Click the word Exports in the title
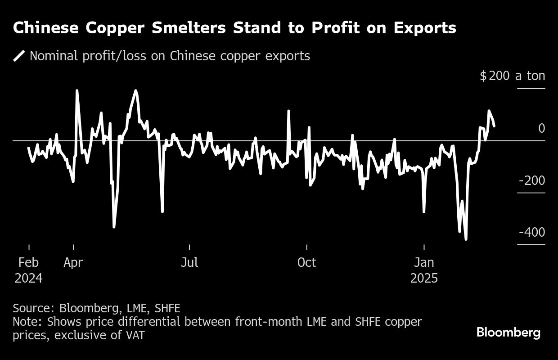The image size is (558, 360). (425, 28)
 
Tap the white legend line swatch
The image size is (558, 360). (19, 56)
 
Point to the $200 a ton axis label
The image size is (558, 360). (513, 76)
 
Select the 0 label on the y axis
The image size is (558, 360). (541, 128)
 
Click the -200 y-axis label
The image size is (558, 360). (532, 180)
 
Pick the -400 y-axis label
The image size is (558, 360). (532, 232)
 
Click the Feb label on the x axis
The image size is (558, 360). (29, 262)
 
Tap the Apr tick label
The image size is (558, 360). (73, 262)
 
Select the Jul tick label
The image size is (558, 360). (189, 262)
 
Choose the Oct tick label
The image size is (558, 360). (306, 262)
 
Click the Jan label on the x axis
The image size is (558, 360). (424, 262)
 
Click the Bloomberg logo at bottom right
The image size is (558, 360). (508, 333)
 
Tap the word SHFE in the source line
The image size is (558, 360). (167, 308)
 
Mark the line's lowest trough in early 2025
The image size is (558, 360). (466, 239)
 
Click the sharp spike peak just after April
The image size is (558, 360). (77, 90)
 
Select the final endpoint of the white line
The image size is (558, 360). (495, 126)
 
